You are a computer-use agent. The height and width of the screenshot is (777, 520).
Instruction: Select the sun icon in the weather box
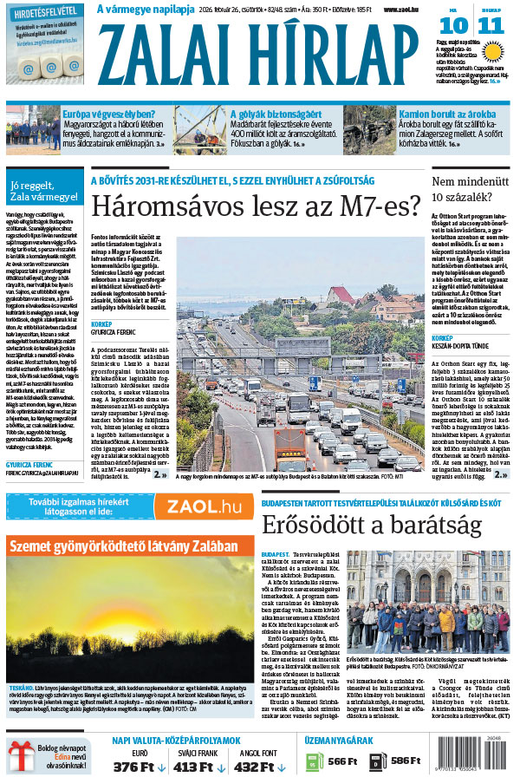(x=495, y=50)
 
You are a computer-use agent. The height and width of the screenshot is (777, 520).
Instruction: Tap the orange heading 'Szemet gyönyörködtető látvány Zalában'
(x=123, y=546)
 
